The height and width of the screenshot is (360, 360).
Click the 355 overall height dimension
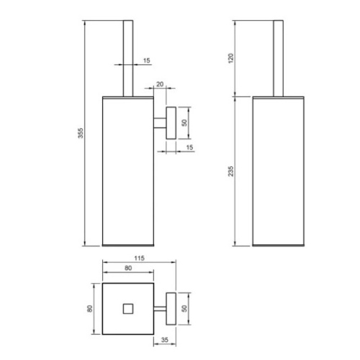pyautogui.click(x=81, y=133)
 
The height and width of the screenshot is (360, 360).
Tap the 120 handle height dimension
pyautogui.click(x=230, y=58)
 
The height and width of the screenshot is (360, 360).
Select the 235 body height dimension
pyautogui.click(x=230, y=171)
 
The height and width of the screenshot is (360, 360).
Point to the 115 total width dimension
pyautogui.click(x=139, y=258)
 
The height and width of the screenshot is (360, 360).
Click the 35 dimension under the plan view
pyautogui.click(x=165, y=340)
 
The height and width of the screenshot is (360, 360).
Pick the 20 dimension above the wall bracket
pyautogui.click(x=160, y=84)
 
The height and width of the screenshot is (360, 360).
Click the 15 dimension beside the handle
pyautogui.click(x=147, y=60)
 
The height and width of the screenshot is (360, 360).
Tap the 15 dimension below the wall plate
pyautogui.click(x=189, y=148)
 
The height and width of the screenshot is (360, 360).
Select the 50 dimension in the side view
pyautogui.click(x=184, y=122)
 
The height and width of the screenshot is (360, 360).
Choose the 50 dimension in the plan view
pyautogui.click(x=184, y=308)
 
